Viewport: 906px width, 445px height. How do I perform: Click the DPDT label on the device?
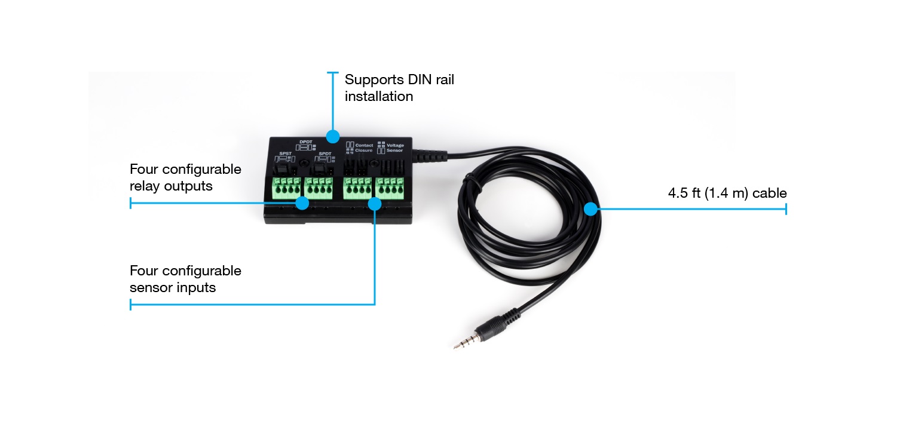coord(306,142)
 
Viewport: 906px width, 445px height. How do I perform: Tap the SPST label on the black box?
coord(285,154)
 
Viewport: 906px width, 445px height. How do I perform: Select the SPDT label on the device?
coord(325,154)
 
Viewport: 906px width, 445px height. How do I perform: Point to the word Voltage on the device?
coord(395,146)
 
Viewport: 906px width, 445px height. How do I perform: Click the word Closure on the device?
coord(363,151)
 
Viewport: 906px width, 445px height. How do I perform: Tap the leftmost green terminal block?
coord(286,188)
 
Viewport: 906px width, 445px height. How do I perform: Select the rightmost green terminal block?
coord(390,188)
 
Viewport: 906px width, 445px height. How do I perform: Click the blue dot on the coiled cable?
coord(590,209)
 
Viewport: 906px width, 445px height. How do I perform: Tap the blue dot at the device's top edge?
coord(332,137)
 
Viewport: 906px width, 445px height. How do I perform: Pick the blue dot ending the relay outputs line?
coord(302,203)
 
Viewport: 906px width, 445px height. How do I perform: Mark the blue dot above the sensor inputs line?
coord(375,204)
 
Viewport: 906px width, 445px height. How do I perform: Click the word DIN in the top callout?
coord(420,79)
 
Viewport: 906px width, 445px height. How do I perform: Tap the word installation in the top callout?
coord(379,97)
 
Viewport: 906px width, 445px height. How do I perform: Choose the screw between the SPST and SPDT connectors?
coord(304,163)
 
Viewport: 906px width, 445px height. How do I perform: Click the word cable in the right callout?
coord(770,193)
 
